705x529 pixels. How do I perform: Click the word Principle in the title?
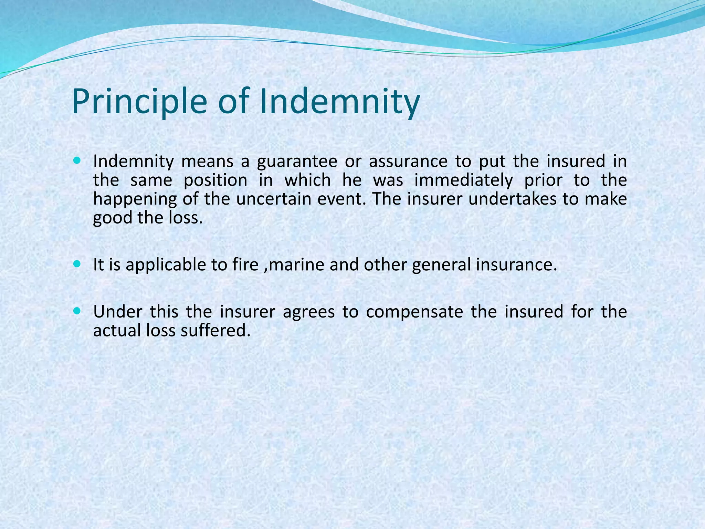139,102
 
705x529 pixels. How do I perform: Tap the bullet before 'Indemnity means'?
77,160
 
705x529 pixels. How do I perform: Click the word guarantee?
297,162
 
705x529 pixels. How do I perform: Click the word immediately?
463,180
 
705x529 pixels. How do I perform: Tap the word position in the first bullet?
215,180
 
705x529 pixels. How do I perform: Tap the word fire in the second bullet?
245,265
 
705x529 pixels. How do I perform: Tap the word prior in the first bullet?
543,180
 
